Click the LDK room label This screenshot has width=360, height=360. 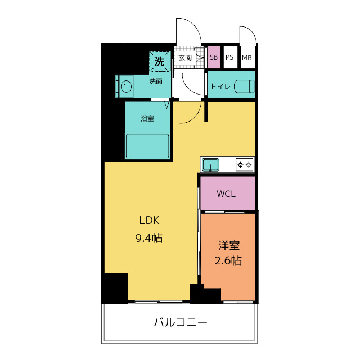coord(149,220)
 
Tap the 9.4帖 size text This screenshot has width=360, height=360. coord(148,238)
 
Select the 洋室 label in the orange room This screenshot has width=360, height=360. coord(229,245)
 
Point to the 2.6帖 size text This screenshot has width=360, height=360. coord(228,260)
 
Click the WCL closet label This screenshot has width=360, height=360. coord(226,194)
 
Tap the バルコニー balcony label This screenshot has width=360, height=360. coord(181,322)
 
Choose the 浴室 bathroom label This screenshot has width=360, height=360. coord(147,119)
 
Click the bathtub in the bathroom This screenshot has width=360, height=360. coord(147,146)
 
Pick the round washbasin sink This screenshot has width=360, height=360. coord(126,87)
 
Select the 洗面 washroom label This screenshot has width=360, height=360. coord(156,81)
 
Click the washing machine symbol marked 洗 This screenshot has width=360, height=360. coord(160,61)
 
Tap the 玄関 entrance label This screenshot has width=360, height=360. coord(185,57)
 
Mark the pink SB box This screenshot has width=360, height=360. coord(214,57)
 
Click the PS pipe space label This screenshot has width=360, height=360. coord(229,57)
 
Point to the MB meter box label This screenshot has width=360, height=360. coord(247,57)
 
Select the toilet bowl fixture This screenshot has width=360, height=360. coord(244,87)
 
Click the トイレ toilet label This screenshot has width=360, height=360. coord(220,87)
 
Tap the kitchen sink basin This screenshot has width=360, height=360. coord(210,165)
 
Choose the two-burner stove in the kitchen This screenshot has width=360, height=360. coord(245,165)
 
